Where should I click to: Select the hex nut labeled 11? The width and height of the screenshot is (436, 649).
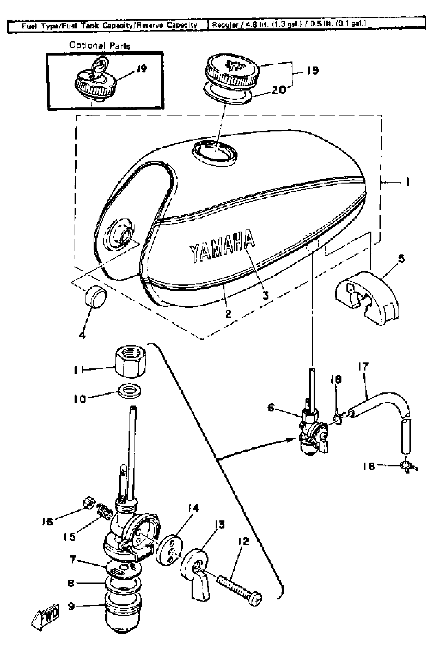130,361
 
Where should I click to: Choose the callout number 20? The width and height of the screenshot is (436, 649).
278,89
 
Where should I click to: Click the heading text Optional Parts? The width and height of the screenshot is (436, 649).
100,45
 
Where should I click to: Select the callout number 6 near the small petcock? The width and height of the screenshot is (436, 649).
271,407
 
